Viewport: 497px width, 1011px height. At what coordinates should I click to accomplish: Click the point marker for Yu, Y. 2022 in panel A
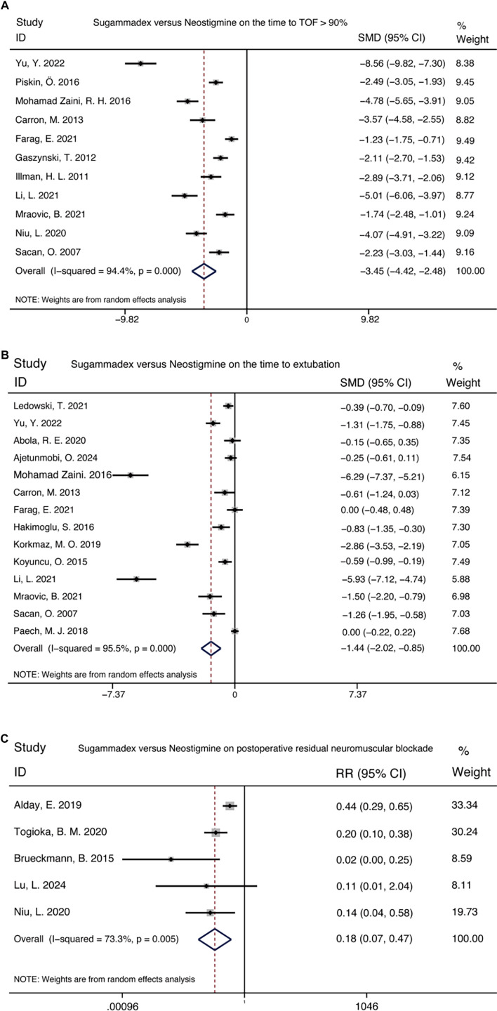point(140,63)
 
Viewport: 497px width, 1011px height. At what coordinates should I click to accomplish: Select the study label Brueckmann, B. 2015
point(67,857)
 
